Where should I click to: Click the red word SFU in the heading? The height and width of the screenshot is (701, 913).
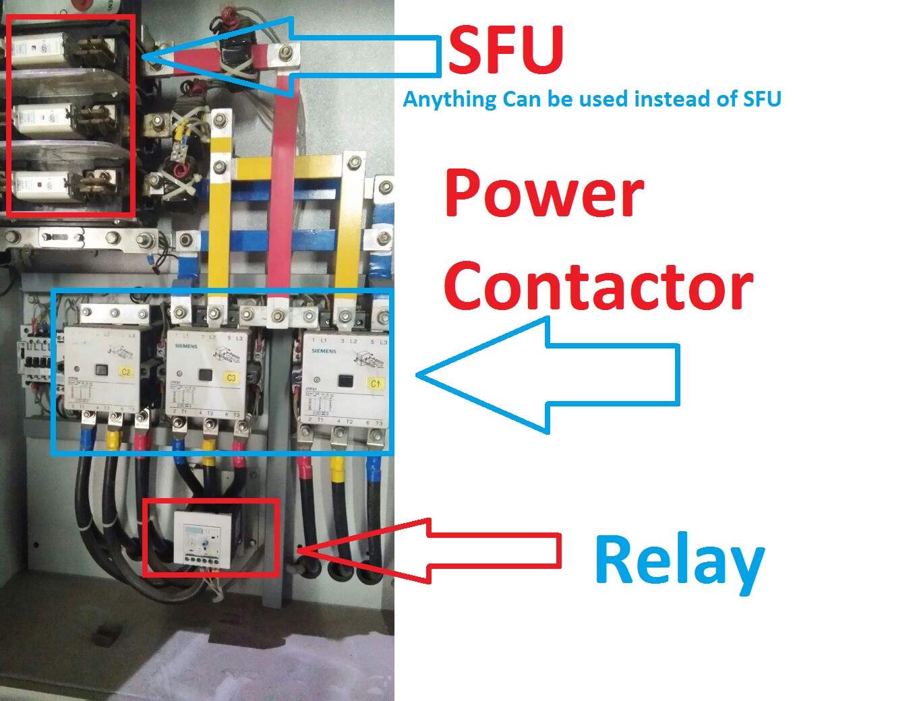[506, 51]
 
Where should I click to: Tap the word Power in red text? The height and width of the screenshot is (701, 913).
[543, 193]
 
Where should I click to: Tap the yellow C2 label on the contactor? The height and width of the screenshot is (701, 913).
[126, 371]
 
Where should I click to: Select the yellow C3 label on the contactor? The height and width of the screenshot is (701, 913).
[231, 377]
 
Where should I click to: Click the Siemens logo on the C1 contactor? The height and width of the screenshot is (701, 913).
[324, 351]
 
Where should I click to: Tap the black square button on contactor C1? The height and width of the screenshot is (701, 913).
[346, 382]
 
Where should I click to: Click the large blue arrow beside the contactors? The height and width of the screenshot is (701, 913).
[546, 375]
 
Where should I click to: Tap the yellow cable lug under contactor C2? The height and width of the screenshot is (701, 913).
[113, 438]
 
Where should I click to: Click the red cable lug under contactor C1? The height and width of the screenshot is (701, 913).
[304, 464]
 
